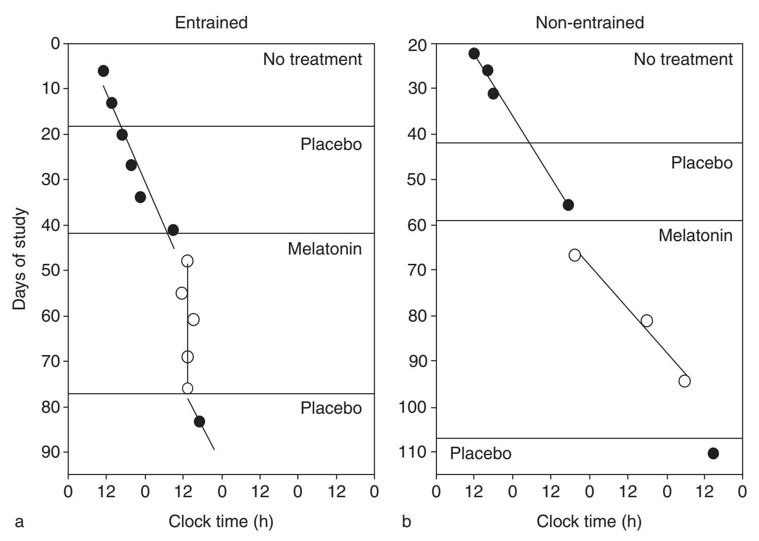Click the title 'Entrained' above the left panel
click(211, 23)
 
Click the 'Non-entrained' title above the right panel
click(589, 23)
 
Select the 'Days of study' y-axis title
click(20, 259)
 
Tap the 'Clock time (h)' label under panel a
click(221, 521)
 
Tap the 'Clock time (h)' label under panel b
click(589, 521)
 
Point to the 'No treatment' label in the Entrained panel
click(312, 59)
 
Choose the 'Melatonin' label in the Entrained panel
click(325, 249)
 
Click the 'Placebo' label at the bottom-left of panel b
click(480, 453)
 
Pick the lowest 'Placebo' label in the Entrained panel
click(331, 408)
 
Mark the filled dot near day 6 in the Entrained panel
click(103, 71)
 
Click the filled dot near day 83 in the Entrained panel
click(199, 421)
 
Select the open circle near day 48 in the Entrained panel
click(188, 261)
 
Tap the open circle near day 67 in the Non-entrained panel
click(575, 255)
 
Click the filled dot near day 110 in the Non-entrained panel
click(713, 453)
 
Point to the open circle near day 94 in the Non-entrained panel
click(684, 381)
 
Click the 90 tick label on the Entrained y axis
click(50, 452)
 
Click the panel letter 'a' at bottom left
click(20, 522)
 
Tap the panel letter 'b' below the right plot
click(407, 521)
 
